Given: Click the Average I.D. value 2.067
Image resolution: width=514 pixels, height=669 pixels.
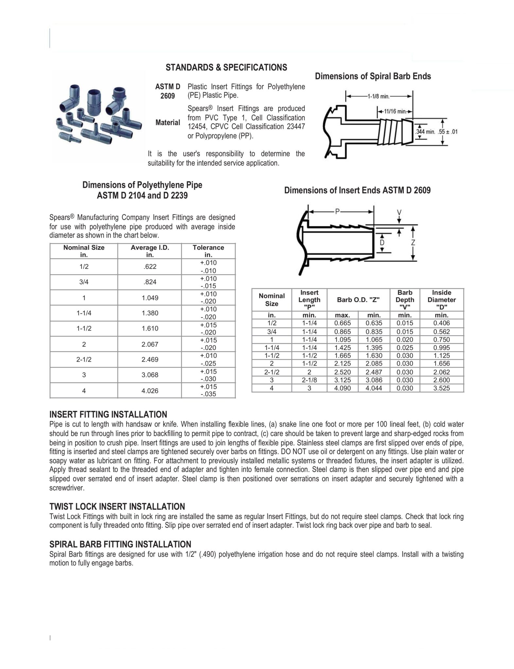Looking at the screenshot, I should point(150,344).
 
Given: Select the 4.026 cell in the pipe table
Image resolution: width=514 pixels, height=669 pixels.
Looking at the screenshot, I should point(150,390).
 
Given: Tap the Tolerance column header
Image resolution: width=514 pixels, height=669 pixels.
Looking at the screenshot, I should point(208,251).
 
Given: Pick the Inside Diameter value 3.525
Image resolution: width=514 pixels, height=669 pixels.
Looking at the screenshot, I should point(441,388).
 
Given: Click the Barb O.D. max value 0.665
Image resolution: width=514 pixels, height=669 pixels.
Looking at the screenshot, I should point(342,323).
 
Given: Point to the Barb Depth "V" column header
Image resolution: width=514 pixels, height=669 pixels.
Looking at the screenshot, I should point(405,300).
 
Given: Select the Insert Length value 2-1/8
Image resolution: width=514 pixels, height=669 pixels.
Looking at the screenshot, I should point(309,380).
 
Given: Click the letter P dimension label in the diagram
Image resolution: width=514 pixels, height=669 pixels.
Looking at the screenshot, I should point(338,212).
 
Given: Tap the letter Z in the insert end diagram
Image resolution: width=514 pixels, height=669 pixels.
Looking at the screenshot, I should point(413,242).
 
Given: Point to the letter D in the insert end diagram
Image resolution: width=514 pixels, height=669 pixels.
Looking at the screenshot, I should point(382,243).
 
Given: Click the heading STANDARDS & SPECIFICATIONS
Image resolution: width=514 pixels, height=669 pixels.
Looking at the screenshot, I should point(226,67).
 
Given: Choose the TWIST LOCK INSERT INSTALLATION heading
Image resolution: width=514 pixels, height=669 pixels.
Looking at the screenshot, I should point(117,507).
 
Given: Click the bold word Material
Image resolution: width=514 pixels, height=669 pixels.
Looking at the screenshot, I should point(168,122).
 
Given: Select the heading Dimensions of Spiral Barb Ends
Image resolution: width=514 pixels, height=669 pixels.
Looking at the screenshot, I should point(373,76).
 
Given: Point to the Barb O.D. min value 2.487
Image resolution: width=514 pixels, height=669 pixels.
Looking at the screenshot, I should point(374,372).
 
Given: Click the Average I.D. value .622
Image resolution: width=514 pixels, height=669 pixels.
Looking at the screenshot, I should point(150,267).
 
